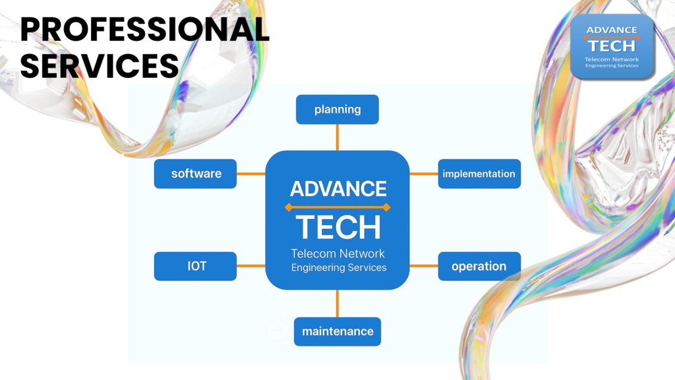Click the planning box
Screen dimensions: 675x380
click(x=337, y=110)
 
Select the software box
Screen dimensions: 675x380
click(x=195, y=174)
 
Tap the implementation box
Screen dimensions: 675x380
click(x=480, y=174)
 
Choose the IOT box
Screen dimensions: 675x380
click(x=195, y=267)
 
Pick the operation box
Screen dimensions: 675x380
click(x=480, y=267)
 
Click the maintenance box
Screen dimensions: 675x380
click(x=337, y=332)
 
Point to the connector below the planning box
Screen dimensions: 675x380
click(x=337, y=137)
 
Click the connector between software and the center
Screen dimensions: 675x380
click(x=251, y=174)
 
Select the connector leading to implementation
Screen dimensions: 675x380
click(x=424, y=174)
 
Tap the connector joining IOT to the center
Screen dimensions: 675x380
click(x=251, y=266)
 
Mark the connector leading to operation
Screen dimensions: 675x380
click(x=424, y=266)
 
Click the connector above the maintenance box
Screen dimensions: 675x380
click(x=337, y=303)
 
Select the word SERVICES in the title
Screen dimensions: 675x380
click(x=100, y=66)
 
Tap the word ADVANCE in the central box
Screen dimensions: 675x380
click(x=338, y=189)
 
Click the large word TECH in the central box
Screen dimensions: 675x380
click(x=338, y=227)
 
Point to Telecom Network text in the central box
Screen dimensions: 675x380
click(x=338, y=253)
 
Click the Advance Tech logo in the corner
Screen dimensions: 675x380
click(x=612, y=47)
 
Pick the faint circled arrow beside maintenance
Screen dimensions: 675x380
click(x=278, y=330)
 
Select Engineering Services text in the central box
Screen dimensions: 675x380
click(x=339, y=268)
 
